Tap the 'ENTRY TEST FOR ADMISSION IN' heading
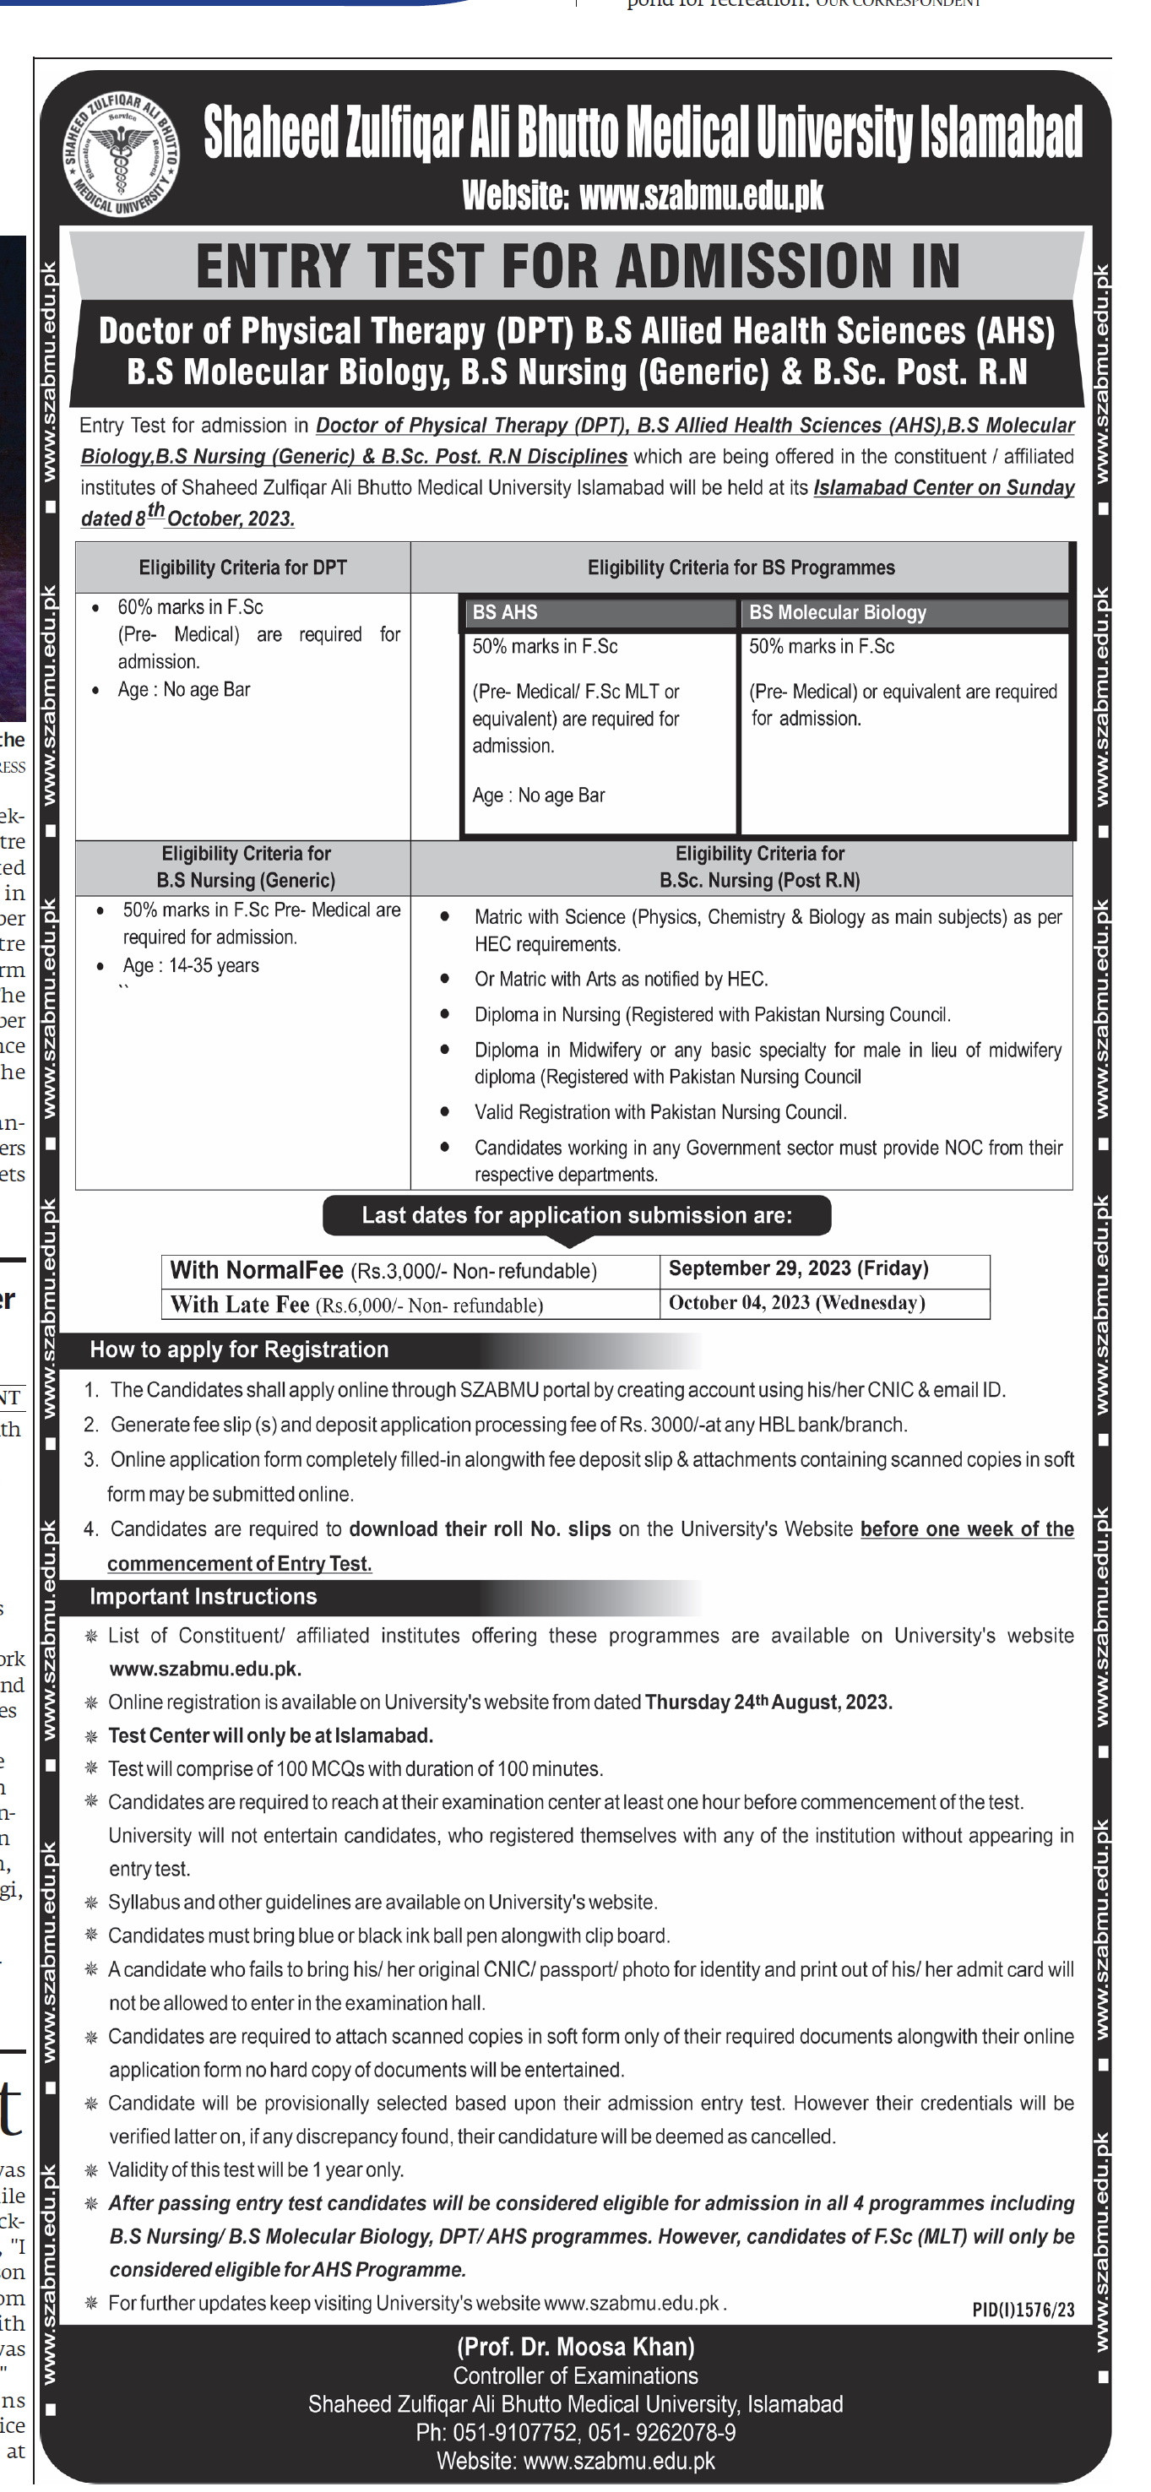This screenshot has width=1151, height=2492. point(578,266)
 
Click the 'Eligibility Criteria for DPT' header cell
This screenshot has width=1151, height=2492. point(242,567)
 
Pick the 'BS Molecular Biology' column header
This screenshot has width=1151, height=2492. point(904,612)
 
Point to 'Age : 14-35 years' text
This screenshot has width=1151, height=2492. point(191,965)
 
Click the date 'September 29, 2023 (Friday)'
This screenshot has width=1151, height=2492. point(798,1268)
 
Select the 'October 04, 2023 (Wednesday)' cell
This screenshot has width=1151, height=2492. point(797,1303)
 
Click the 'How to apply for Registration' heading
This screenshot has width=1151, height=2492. point(239,1349)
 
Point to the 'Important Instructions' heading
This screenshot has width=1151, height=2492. point(204,1596)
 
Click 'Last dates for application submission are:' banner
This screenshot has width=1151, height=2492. point(577,1215)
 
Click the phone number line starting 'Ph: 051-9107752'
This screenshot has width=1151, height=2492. point(576,2432)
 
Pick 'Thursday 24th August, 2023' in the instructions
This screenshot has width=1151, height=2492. point(768,1702)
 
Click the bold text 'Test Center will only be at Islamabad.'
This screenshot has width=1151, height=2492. point(271,1735)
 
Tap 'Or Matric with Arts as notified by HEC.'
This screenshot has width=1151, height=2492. point(621,979)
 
